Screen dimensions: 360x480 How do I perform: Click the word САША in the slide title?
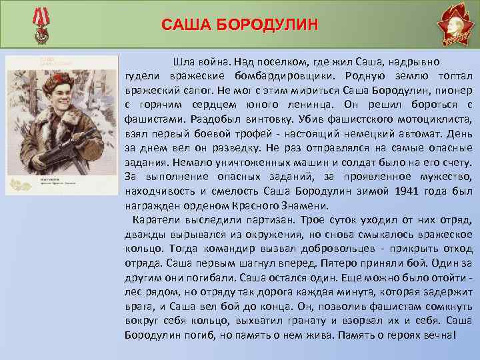185,25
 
